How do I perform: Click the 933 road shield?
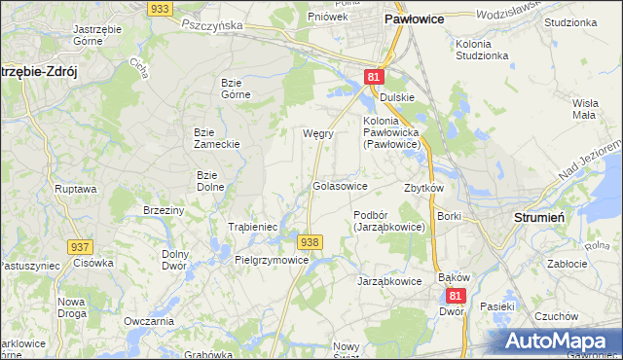click(161, 8)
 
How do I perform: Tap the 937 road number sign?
click(80, 247)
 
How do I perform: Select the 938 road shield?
click(310, 241)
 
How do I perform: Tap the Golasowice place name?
click(339, 185)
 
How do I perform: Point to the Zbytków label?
click(423, 188)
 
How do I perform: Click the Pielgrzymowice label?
click(273, 260)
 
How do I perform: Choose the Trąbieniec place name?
click(253, 226)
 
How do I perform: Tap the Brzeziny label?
click(164, 210)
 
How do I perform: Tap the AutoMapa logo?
click(559, 341)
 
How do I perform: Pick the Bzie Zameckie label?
click(216, 137)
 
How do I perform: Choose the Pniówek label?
click(327, 17)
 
